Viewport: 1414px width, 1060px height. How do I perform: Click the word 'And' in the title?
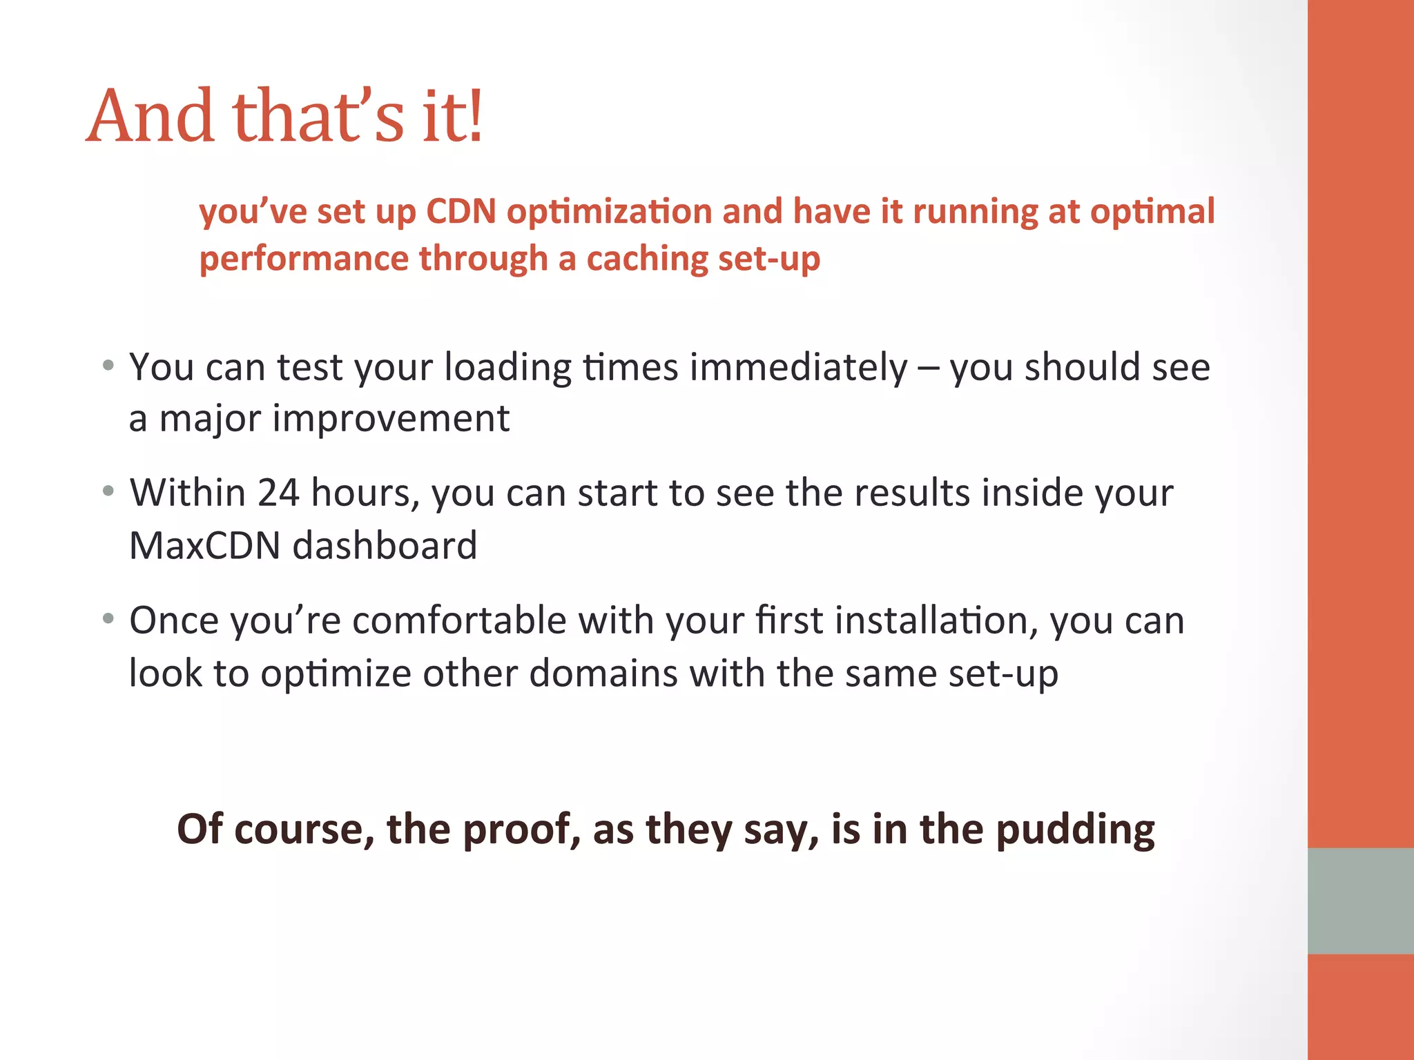pos(151,117)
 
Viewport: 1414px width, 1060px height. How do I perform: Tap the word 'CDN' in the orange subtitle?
pos(461,211)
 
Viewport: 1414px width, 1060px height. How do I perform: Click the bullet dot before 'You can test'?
pos(108,365)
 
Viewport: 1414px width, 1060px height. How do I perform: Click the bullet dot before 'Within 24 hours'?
pos(108,491)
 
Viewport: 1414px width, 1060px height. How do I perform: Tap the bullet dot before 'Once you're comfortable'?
pos(108,618)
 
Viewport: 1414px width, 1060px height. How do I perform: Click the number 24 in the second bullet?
pos(278,493)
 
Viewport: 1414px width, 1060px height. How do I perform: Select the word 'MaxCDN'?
pos(205,545)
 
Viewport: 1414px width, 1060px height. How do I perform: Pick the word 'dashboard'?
pos(385,545)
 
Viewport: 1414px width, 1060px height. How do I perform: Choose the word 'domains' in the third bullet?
pos(603,673)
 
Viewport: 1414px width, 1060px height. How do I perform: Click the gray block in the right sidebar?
pos(1360,901)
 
